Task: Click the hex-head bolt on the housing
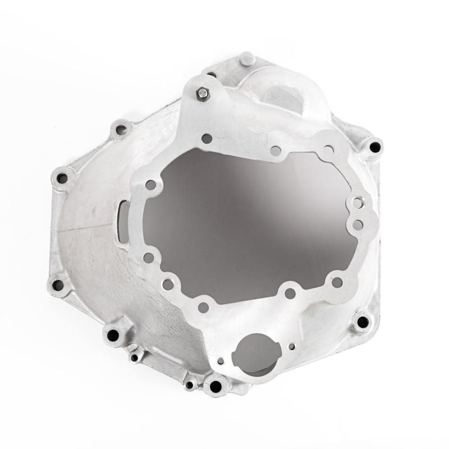point(203,94)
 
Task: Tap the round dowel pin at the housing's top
point(246,58)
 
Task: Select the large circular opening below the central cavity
point(255,354)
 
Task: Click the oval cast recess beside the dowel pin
point(286,95)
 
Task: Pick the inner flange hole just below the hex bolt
point(207,138)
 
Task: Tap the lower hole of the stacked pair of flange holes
point(358,224)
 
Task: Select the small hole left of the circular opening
point(221,361)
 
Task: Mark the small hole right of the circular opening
point(291,346)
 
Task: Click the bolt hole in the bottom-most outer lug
point(216,386)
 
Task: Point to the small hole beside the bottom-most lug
point(190,385)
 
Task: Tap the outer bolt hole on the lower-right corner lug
point(363,322)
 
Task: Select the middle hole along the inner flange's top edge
point(275,150)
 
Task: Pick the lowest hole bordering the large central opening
point(203,307)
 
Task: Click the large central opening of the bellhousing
point(247,224)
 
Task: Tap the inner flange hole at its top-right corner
point(328,150)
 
